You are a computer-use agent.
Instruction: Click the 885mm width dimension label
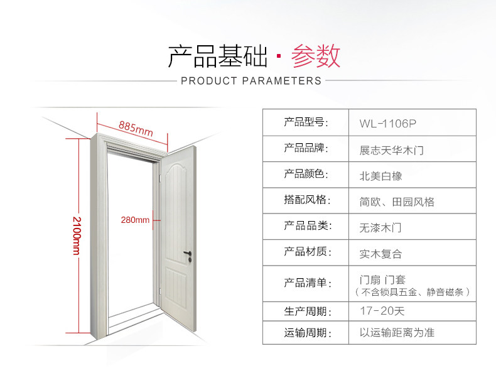click(x=136, y=128)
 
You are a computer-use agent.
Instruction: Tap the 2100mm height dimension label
click(x=77, y=236)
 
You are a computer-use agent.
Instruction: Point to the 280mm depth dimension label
click(x=135, y=220)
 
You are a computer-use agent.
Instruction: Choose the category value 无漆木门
click(x=380, y=227)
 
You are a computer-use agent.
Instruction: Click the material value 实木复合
click(x=380, y=254)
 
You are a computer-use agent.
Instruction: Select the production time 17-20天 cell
click(x=382, y=311)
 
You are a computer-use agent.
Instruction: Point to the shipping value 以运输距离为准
click(x=397, y=333)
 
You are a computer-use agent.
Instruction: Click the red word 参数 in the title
click(x=315, y=57)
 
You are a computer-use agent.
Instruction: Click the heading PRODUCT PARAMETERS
click(x=251, y=81)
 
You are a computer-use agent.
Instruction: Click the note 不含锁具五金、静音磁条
click(x=412, y=293)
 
